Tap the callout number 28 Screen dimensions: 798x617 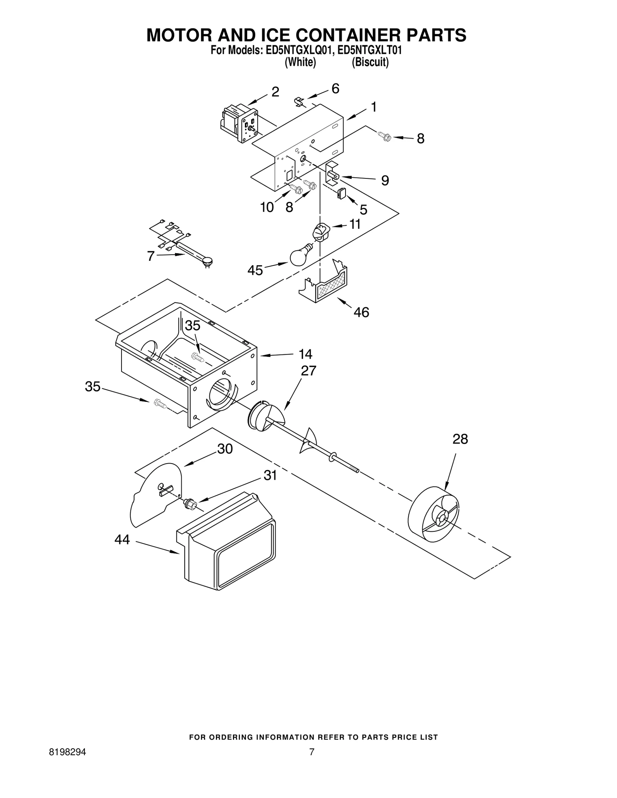click(x=460, y=439)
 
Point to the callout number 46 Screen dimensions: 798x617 click(x=361, y=312)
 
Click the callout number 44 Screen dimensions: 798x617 click(x=122, y=540)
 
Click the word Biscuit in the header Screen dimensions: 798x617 click(x=370, y=62)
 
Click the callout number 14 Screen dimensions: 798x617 click(x=305, y=354)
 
